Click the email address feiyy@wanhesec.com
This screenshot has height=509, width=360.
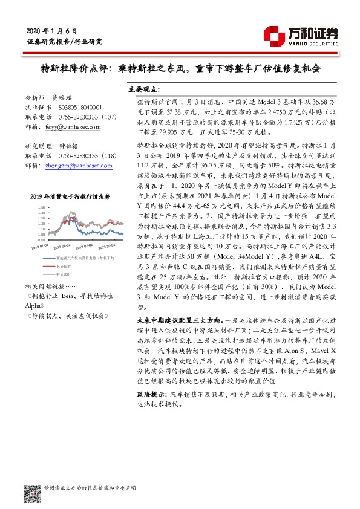(x=72, y=129)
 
